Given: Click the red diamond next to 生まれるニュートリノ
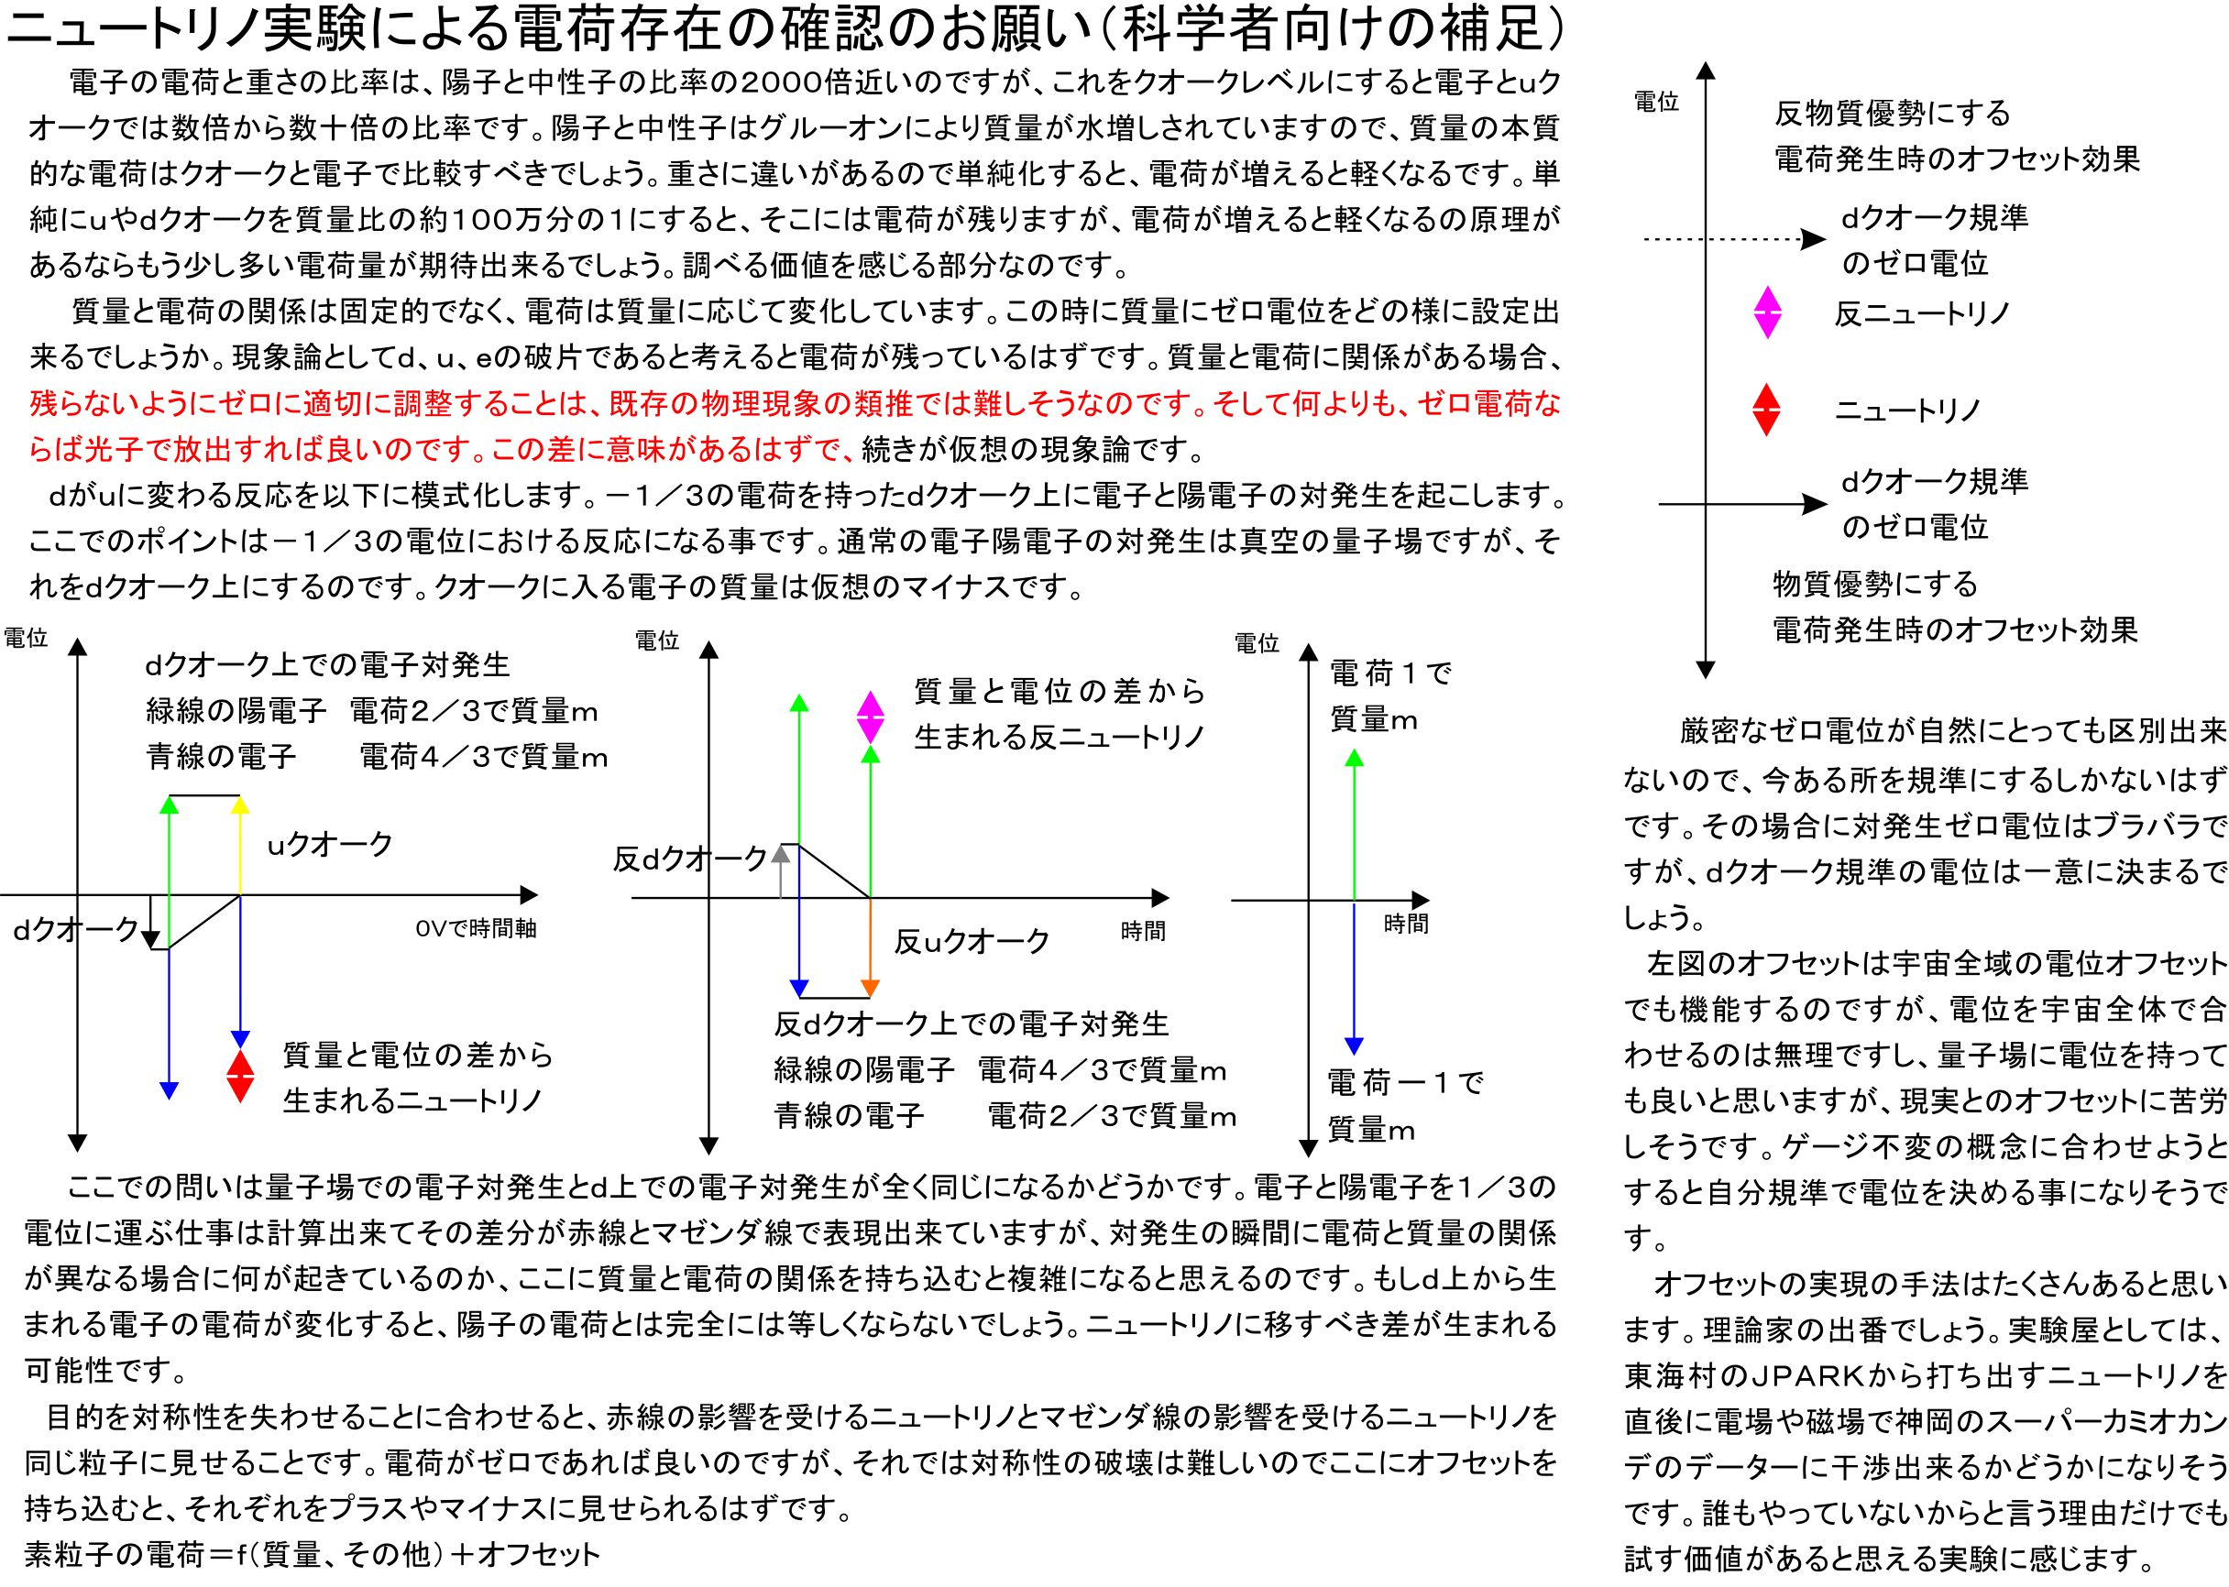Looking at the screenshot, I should click(239, 1076).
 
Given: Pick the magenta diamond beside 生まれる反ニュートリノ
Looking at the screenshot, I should click(870, 717).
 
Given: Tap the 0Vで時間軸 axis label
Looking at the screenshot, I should click(476, 928).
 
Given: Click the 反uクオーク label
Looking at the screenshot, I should click(972, 942).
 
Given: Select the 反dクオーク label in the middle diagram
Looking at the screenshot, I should click(690, 859).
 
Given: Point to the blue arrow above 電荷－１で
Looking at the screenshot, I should click(1354, 978).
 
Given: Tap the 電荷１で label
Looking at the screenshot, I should click(1390, 673).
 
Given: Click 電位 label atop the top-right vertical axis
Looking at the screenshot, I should click(1656, 103).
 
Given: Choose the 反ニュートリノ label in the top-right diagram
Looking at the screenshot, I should click(1922, 312).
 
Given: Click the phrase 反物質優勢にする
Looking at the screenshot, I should click(1892, 115).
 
